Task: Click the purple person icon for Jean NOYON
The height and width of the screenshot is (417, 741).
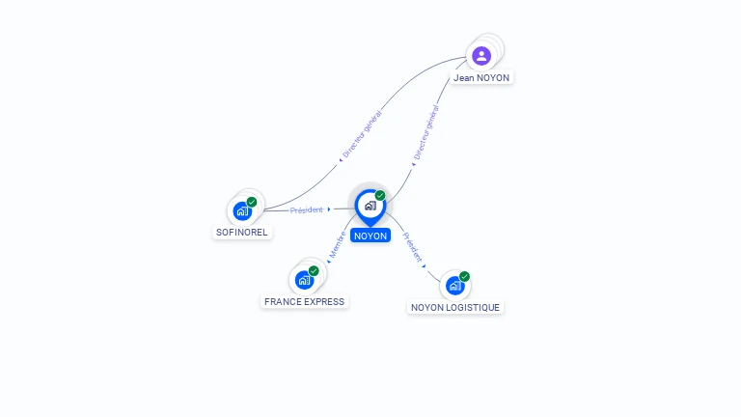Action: tap(481, 55)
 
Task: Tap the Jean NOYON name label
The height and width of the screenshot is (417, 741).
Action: tap(481, 77)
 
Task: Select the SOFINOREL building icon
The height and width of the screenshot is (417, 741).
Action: tap(242, 210)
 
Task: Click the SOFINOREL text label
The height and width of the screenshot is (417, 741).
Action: tap(242, 233)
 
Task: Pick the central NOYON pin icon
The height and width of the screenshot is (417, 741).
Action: tap(370, 205)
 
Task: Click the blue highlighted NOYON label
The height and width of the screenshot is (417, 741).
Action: tap(370, 236)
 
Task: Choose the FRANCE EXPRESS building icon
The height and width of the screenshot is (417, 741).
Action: tap(304, 280)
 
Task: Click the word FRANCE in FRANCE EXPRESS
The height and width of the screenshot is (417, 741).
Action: tap(284, 301)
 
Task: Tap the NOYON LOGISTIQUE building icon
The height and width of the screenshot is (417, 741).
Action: tap(454, 286)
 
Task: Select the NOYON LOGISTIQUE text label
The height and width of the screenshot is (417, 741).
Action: tap(455, 307)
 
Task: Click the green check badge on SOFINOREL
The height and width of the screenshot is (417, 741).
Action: tap(252, 202)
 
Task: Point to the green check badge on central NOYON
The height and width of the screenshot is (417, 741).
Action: tap(380, 196)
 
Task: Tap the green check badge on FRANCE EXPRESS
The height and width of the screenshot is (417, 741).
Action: tap(314, 271)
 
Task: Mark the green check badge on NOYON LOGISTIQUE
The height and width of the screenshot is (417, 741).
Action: tap(464, 277)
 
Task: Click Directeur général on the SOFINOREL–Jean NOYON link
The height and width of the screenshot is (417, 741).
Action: tap(363, 135)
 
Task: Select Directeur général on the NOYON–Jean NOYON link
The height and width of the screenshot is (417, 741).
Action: tap(425, 133)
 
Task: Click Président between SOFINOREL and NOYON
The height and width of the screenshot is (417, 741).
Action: tap(307, 209)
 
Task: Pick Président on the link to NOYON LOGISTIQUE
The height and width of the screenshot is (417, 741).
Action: tap(413, 247)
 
